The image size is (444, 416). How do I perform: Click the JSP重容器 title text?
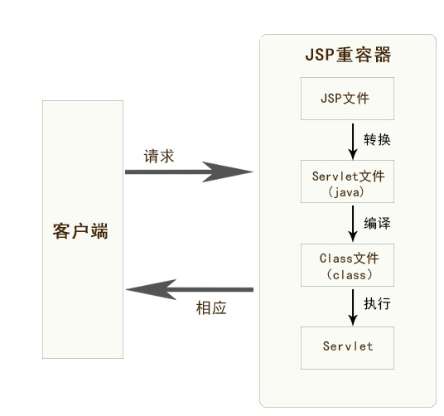(x=348, y=55)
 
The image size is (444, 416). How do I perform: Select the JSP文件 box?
(x=347, y=99)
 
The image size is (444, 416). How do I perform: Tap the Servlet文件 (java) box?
(x=347, y=181)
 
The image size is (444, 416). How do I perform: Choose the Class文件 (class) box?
(x=347, y=265)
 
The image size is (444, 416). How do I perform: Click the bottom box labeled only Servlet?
(x=347, y=348)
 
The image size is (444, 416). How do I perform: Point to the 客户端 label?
(x=80, y=231)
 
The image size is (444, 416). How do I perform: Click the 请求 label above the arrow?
(x=159, y=157)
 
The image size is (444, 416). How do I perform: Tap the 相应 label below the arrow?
(x=211, y=308)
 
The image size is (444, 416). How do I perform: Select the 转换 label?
(x=377, y=139)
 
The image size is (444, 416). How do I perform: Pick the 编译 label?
(x=377, y=223)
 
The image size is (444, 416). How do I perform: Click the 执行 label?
(x=377, y=303)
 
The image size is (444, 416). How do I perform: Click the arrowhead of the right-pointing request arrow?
(x=227, y=172)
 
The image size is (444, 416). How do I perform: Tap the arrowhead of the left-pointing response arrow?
(x=151, y=289)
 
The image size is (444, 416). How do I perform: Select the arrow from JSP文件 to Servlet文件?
(x=353, y=142)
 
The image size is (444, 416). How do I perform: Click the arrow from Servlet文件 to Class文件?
(x=353, y=224)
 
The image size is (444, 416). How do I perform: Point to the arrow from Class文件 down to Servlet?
(x=353, y=307)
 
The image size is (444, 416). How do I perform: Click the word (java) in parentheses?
(x=346, y=192)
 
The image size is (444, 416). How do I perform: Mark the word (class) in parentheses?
(x=349, y=275)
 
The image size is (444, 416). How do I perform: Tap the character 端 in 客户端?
(x=99, y=231)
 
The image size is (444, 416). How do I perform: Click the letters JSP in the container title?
(x=321, y=55)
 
